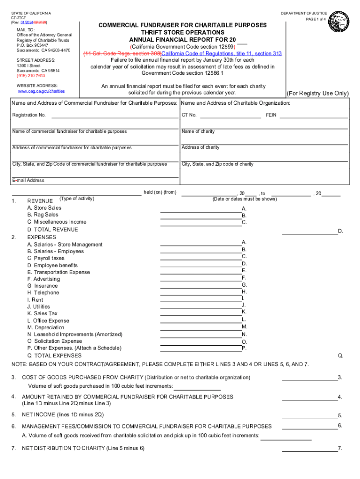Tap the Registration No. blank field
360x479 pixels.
point(114,116)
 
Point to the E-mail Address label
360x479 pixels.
point(29,181)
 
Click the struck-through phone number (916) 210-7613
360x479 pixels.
point(31,76)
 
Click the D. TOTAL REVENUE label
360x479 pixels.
point(53,230)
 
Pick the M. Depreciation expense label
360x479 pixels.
point(46,327)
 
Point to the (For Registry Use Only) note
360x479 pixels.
point(317,93)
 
